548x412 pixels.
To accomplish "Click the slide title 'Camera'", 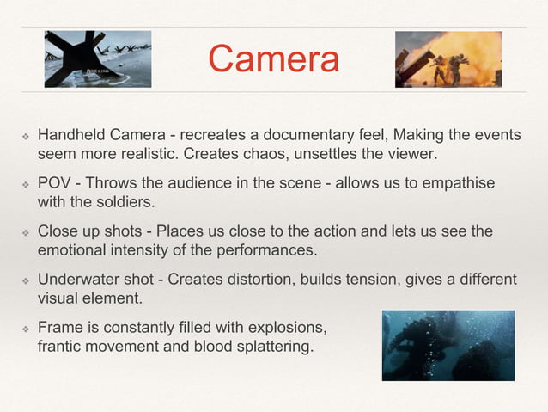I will tap(273, 59).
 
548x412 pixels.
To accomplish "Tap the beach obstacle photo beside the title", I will tap(98, 58).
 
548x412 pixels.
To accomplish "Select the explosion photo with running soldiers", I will tap(448, 58).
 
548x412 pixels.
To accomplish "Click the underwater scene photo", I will tap(448, 345).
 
